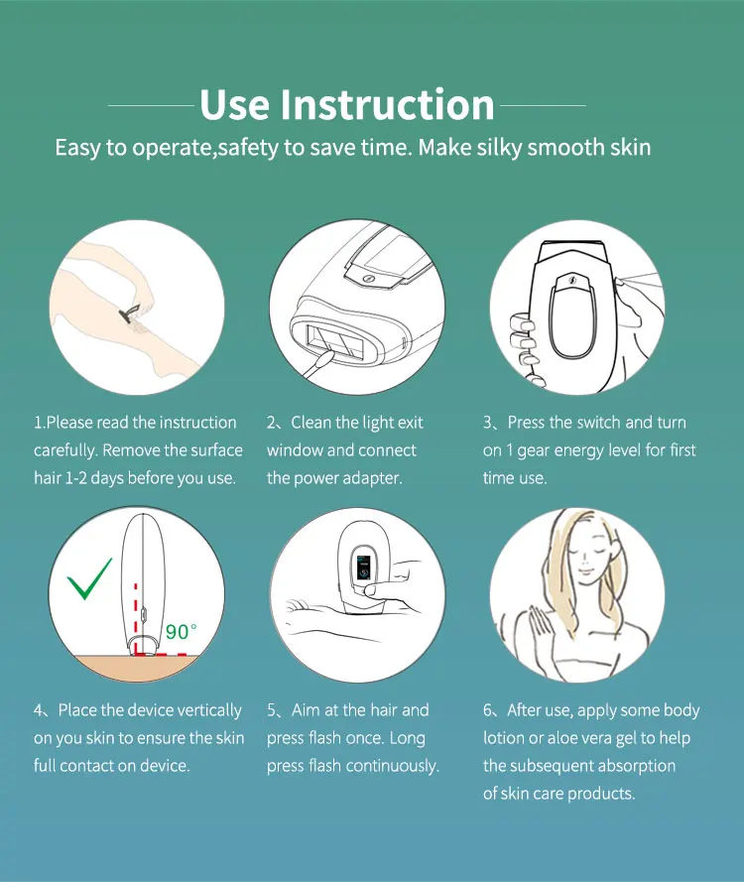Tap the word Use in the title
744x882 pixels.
point(234,104)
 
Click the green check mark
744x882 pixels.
point(89,578)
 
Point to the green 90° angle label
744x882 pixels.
point(182,632)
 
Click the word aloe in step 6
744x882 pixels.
point(562,738)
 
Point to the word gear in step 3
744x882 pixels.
point(532,451)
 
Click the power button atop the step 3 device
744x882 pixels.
point(572,280)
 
